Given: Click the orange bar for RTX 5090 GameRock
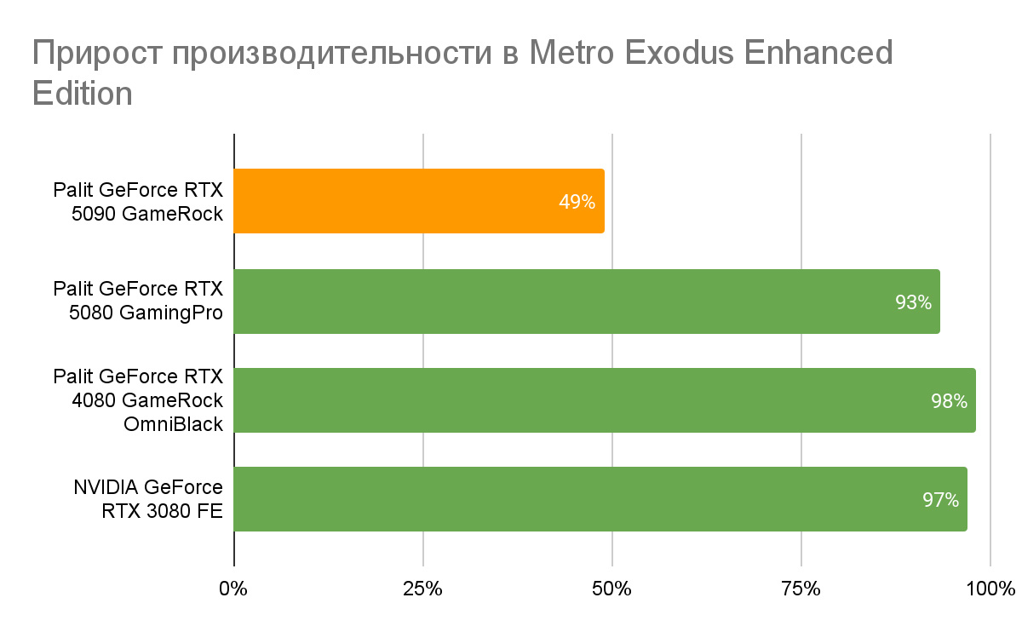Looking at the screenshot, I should [417, 201].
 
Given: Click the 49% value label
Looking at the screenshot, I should [577, 203].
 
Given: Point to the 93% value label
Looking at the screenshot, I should [913, 302].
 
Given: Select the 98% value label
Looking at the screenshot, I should [949, 401].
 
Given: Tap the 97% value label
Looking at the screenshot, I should [940, 500].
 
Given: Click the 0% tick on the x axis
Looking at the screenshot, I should [233, 589].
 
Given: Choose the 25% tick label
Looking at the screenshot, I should [422, 589].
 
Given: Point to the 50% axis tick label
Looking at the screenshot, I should [611, 589].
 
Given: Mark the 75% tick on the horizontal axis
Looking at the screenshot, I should [801, 589].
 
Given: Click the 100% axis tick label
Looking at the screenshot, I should [990, 589].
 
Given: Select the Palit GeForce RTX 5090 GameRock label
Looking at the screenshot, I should [138, 201].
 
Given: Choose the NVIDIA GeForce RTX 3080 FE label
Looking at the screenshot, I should [147, 499].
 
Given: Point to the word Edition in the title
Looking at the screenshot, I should [82, 92].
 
